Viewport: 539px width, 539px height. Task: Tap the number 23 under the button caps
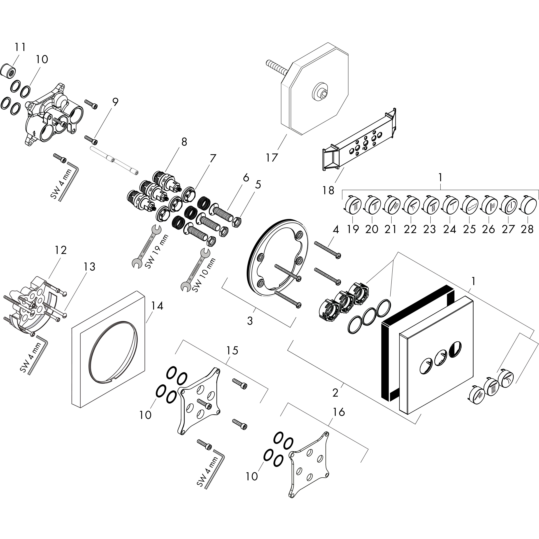pos(430,229)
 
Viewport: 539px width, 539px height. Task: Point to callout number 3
pos(250,321)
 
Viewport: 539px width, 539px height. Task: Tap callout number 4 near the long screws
pos(336,230)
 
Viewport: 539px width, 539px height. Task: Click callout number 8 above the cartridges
pos(184,142)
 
